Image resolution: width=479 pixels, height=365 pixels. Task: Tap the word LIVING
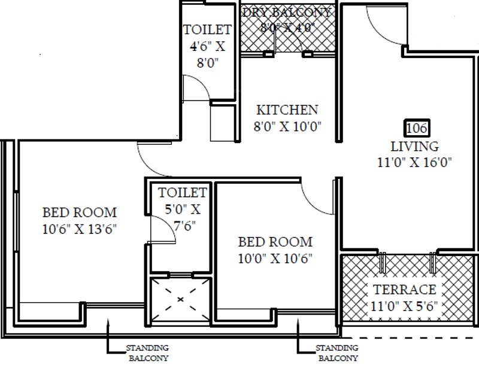click(415, 146)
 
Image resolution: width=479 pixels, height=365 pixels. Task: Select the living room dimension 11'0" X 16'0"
click(415, 162)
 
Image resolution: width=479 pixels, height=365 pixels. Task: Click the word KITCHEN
click(287, 110)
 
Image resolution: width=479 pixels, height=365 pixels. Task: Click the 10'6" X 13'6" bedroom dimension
click(79, 228)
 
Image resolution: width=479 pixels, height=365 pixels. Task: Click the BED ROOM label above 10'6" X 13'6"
click(79, 212)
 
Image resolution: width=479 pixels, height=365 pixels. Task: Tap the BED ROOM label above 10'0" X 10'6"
click(275, 242)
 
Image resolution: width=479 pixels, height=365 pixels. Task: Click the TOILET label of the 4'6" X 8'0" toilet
click(207, 29)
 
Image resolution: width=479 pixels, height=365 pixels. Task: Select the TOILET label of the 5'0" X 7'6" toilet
click(182, 193)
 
